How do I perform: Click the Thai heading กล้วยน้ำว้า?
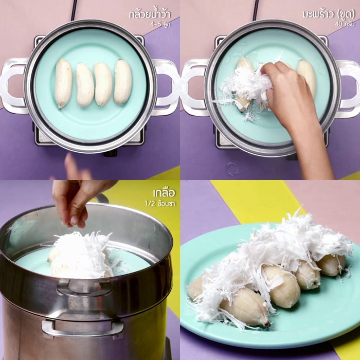pos(150,14)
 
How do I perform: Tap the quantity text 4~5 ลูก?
pos(160,24)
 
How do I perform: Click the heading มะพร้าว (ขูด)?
pos(329,14)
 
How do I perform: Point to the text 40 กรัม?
pos(345,24)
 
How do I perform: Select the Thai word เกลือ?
pos(164,193)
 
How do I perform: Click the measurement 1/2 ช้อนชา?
pos(160,204)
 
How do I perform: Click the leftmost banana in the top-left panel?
pos(63,83)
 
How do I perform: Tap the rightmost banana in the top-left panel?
pos(123,81)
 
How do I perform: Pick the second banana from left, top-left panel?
pos(85,85)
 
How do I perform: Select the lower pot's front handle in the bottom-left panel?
pos(83,329)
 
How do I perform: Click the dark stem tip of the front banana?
pos(267,325)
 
